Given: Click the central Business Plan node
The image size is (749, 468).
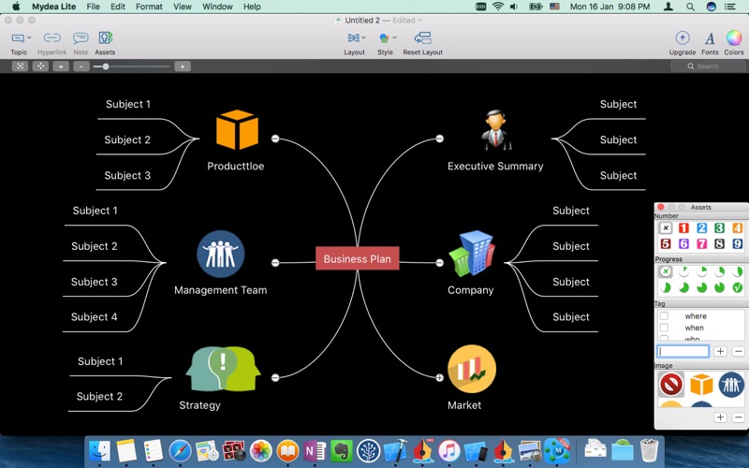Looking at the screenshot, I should (x=358, y=258).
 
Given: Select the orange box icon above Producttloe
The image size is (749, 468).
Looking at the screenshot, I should (x=237, y=130).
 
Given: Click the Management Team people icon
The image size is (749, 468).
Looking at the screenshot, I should (x=221, y=254).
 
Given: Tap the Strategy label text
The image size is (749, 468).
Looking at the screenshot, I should (x=199, y=405).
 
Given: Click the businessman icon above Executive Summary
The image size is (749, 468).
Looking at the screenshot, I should (x=496, y=130).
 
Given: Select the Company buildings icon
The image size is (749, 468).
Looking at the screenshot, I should (x=471, y=254).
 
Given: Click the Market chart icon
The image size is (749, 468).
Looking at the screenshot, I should (x=471, y=369).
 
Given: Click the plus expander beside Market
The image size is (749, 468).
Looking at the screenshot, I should (x=439, y=377).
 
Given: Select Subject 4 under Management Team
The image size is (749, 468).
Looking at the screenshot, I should (x=95, y=317).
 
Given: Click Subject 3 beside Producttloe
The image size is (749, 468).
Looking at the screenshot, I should (x=127, y=175).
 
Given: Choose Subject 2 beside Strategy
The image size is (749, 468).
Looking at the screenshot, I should (x=100, y=397).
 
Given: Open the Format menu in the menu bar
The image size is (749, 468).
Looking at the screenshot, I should (x=149, y=7).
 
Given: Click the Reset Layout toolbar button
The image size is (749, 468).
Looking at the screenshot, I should (x=423, y=41).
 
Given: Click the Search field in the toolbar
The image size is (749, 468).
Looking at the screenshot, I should (x=708, y=66).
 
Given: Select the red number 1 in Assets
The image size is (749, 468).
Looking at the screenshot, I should (x=683, y=228).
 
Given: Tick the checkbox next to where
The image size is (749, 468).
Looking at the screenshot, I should (x=664, y=316).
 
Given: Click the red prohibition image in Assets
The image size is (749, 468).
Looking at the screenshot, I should (x=670, y=384).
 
